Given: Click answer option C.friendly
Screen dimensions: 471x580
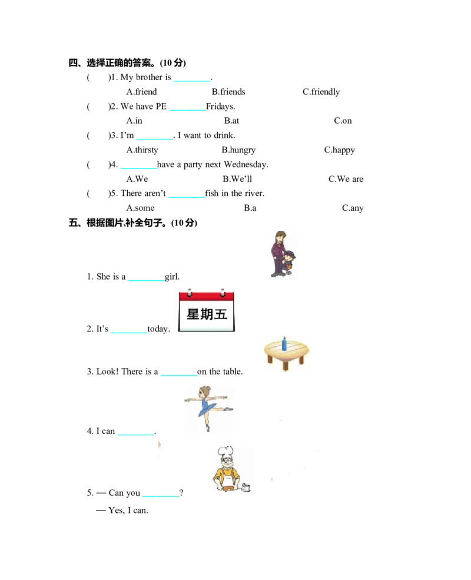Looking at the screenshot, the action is point(321,92).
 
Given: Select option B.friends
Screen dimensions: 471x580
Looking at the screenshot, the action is point(228,92).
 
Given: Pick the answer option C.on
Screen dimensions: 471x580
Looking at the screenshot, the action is point(343,121).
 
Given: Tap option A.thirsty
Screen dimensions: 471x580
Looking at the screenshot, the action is point(142,150).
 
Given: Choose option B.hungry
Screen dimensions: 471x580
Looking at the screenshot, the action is point(238,150).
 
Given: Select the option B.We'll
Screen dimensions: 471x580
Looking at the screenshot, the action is point(237,179).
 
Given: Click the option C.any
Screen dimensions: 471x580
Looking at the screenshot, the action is point(353,208).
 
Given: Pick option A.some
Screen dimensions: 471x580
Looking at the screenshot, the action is point(141,208).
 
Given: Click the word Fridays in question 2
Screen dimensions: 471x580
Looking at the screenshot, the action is point(220,107).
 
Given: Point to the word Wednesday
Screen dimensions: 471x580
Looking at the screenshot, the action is point(246,164).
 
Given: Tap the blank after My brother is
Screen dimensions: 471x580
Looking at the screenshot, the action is point(192,80).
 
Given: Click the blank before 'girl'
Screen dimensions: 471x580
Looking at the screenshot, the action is point(147,280).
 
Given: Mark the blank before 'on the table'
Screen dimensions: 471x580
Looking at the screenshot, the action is point(179,374).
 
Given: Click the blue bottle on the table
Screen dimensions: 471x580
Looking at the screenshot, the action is point(284,344).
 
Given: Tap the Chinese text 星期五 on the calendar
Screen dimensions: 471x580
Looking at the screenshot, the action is point(207,314).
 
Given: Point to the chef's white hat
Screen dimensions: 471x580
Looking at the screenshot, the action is point(225,451).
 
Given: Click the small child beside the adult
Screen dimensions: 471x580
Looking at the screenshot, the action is point(288,262).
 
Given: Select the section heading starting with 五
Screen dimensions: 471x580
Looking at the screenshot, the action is point(132,223).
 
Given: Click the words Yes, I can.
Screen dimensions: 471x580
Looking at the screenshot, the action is point(128,511).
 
